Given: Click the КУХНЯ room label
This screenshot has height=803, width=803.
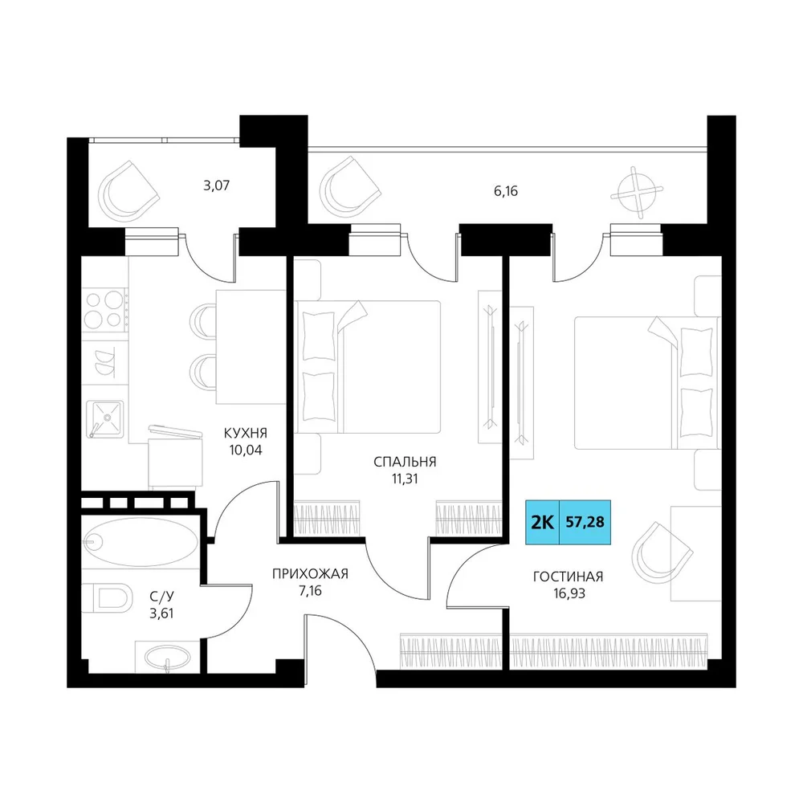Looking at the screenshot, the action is point(246,434).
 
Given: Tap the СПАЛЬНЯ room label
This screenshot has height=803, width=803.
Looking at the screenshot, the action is point(405,462).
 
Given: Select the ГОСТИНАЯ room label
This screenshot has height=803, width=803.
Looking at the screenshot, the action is point(568,577).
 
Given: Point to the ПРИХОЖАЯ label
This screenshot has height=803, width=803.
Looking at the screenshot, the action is point(310,573).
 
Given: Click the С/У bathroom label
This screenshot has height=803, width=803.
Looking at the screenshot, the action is point(162,596).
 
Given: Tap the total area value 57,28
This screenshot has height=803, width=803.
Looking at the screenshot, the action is point(585,523).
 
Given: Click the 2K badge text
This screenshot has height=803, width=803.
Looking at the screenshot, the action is point(542,523).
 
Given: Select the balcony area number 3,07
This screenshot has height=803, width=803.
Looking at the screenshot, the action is point(217,185).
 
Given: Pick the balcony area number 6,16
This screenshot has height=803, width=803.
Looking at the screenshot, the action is point(506,191).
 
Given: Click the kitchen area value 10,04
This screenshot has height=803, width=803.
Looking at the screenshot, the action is point(246,450).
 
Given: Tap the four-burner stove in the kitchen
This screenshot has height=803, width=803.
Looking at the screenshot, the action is point(105,310).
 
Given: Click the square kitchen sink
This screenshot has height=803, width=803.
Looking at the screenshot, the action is point(105,419).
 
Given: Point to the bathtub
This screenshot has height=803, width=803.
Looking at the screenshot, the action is point(141,541).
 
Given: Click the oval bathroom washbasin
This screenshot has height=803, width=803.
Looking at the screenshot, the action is point(166,657).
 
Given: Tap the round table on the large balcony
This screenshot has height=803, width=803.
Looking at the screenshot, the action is point(637,193).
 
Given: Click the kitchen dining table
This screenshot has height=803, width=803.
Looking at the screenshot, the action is point(251,347).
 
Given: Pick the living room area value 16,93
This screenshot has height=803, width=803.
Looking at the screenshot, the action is point(568,593).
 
